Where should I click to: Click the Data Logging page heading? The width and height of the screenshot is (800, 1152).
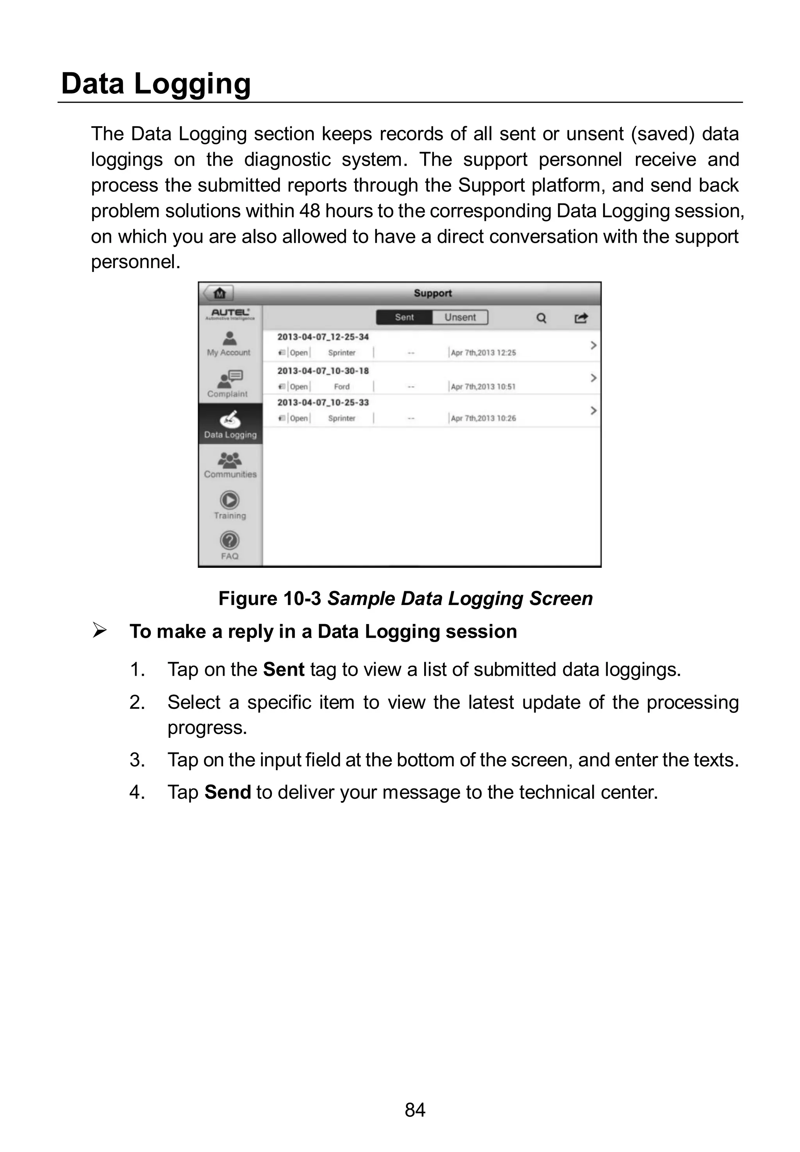[x=155, y=83]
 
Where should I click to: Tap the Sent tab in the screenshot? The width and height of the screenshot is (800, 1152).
[x=404, y=317]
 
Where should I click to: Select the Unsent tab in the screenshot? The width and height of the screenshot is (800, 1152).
[x=460, y=317]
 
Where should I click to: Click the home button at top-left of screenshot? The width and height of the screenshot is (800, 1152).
[x=219, y=293]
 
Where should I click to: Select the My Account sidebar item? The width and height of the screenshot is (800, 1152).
[x=229, y=344]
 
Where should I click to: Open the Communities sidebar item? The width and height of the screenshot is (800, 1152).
[x=230, y=465]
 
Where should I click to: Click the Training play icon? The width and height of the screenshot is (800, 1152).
[x=230, y=500]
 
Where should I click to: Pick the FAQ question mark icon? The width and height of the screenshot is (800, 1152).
[x=230, y=540]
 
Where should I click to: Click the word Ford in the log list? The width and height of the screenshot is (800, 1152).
[x=341, y=386]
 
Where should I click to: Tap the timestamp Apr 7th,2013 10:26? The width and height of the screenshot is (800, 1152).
[x=483, y=418]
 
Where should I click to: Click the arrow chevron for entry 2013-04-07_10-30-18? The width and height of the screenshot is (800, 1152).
[x=593, y=377]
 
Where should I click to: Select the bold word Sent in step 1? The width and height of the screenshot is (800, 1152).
[x=283, y=669]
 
